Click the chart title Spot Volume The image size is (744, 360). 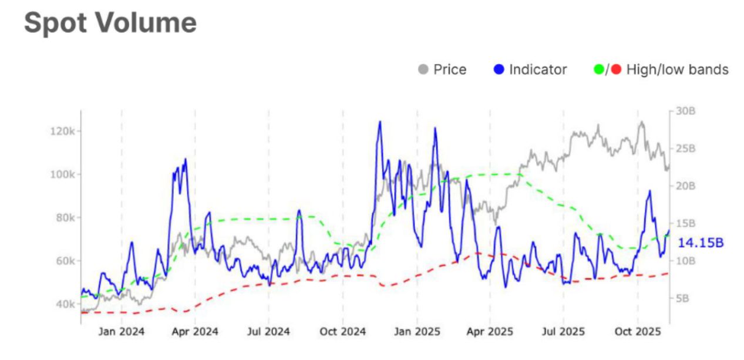point(110,23)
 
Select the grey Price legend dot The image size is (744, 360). point(423,70)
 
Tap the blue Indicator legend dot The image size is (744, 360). point(499,70)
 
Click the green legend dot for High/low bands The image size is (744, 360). point(599,70)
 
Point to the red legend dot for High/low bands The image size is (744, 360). point(616,70)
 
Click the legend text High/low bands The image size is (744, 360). point(677,70)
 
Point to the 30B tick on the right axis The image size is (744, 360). point(684,111)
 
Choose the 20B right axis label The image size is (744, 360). point(684,186)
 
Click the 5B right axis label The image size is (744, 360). point(682,298)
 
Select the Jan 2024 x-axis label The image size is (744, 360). point(122,332)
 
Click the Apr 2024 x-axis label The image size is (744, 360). point(194,332)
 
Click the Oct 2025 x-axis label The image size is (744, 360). point(637,332)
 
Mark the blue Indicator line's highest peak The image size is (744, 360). point(379,122)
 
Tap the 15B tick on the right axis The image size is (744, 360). point(684,224)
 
